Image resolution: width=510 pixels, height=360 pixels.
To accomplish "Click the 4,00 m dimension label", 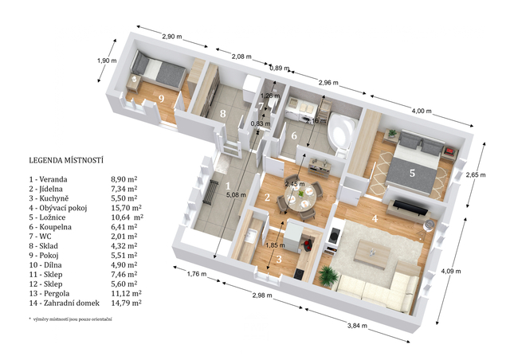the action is tap(422, 111).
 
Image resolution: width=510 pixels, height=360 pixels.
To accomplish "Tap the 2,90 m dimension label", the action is tap(172, 37).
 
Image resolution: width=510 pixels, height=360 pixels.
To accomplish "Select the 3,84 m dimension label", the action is tap(357, 326).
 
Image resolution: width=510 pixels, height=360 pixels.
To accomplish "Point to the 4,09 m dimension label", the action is tap(450, 271).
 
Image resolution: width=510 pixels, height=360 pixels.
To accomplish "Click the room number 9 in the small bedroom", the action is tap(161, 98).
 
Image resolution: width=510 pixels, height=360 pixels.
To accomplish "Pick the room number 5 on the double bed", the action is tap(412, 173).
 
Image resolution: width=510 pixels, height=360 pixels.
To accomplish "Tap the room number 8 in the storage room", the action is tap(222, 114).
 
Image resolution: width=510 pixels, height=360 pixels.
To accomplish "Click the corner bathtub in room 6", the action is tap(342, 131).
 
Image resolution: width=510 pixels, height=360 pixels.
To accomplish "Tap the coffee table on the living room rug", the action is tap(373, 251).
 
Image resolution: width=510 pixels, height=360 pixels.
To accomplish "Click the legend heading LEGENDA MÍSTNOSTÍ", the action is tap(66, 160).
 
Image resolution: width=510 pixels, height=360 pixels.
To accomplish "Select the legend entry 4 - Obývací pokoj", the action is tap(58, 208).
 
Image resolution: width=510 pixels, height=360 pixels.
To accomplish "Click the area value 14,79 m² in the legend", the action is tap(126, 303).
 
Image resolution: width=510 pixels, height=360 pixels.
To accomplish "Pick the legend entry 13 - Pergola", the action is tap(49, 294).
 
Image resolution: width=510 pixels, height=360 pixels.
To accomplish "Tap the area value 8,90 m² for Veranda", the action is tap(124, 179).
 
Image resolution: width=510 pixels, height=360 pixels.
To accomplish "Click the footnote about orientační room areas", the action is tap(71, 319).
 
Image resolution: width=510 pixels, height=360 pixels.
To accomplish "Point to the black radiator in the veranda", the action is tap(210, 193).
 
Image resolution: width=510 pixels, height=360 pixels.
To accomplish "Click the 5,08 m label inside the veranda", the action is tap(236, 195).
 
